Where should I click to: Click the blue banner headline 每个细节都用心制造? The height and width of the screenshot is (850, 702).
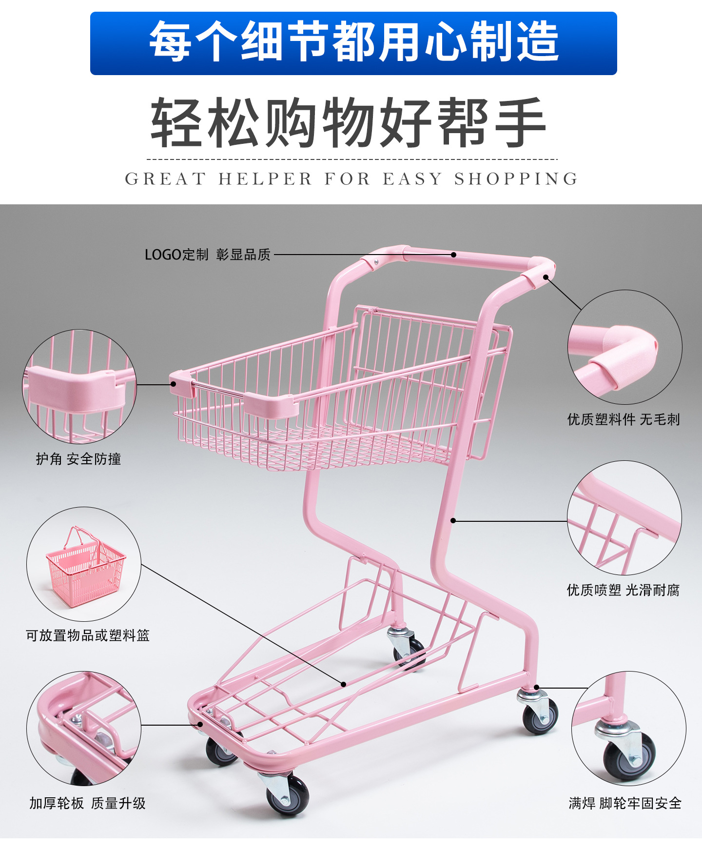pos(353,42)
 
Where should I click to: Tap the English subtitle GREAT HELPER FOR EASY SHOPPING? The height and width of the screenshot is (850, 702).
pos(351,179)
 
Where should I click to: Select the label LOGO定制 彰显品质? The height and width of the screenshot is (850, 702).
pos(207,255)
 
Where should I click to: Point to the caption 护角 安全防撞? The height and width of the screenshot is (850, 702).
pos(78,459)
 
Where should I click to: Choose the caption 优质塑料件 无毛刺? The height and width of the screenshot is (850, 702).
pos(623,419)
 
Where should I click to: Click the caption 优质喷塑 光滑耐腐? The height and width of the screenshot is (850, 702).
pos(623,590)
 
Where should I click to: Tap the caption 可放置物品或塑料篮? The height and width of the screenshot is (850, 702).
pos(88,635)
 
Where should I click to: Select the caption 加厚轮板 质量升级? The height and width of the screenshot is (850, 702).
pos(87,803)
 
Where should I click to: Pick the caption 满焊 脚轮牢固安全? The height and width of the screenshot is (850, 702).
pos(625,803)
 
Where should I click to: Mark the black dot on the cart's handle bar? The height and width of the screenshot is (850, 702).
pos(453,255)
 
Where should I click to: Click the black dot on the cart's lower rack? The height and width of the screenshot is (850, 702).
pos(343,684)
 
